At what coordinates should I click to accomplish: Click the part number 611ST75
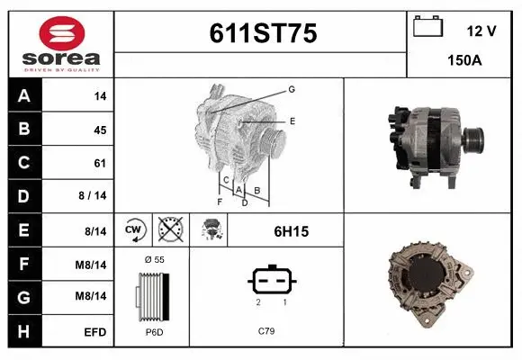point(262,33)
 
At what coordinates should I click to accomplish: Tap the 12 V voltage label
point(481,31)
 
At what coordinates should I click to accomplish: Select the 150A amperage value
point(464,61)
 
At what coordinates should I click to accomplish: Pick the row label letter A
point(24,96)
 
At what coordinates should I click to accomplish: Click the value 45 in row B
point(99,130)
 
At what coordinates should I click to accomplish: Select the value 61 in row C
point(99,163)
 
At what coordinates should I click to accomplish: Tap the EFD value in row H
point(95,332)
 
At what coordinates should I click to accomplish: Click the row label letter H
point(24,332)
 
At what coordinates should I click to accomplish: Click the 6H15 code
point(291,231)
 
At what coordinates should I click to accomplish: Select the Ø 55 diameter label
point(154,259)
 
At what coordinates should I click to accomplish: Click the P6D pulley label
point(154,331)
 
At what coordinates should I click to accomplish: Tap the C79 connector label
point(266,331)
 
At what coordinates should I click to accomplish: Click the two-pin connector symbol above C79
point(266,282)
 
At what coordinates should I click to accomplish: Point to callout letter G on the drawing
point(292,89)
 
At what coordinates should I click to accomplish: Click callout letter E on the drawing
point(292,120)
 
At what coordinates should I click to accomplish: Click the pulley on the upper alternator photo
point(474,139)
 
